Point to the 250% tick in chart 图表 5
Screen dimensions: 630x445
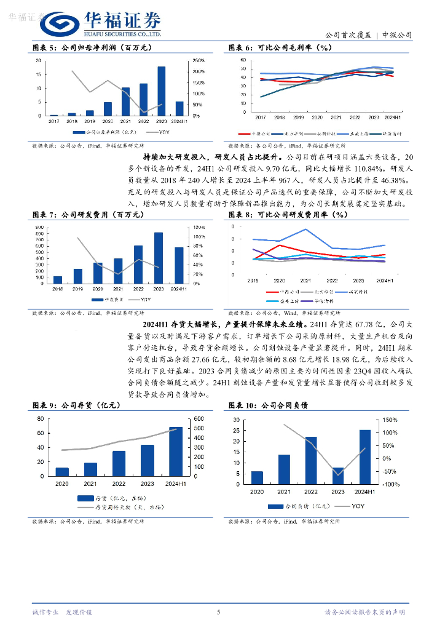(199, 61)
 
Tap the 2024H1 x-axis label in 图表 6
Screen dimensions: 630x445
(393, 117)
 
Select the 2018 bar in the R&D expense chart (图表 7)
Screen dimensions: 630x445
(58, 279)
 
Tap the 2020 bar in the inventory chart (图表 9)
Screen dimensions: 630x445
(62, 472)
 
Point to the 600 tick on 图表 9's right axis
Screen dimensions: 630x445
(199, 419)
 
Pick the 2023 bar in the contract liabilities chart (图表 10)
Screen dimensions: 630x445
(338, 472)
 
